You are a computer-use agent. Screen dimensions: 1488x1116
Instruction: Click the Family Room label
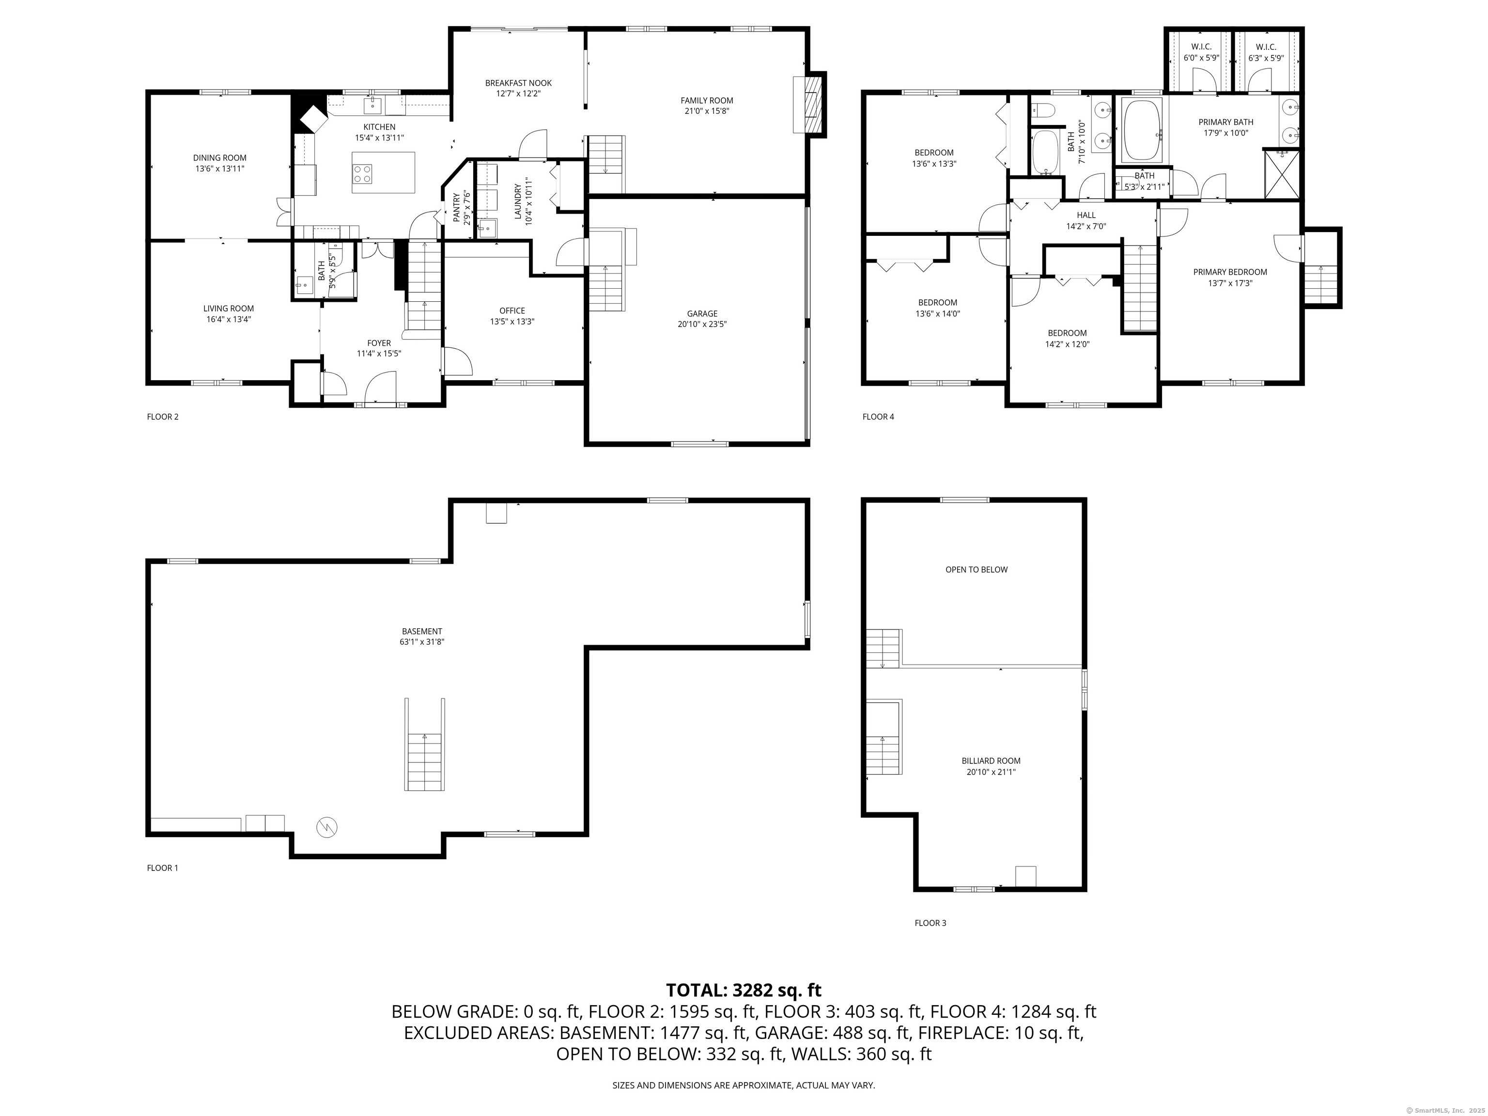(706, 101)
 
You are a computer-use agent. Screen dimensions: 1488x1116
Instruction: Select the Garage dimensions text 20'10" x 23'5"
(702, 324)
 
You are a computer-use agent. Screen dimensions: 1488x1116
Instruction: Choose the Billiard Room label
(991, 761)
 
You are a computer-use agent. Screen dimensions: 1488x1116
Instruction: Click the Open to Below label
(976, 570)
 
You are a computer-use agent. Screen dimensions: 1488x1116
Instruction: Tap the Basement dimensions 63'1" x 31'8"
(422, 642)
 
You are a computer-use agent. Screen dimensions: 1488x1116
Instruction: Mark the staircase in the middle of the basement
(424, 744)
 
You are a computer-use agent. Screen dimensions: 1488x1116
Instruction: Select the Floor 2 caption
(163, 417)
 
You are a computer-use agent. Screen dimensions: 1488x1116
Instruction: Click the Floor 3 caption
(930, 923)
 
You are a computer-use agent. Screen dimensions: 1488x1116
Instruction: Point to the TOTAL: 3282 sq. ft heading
(744, 990)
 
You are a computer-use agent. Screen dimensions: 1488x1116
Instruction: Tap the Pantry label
(456, 207)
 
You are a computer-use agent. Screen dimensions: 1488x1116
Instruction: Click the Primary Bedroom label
(1230, 272)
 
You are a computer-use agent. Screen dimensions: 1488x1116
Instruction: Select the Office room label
(512, 311)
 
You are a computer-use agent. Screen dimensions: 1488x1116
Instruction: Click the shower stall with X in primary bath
(1282, 175)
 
